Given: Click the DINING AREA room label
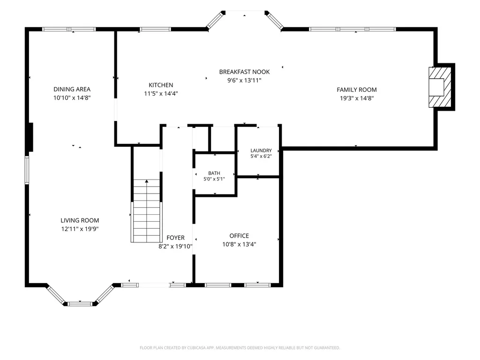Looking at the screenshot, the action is point(72,89).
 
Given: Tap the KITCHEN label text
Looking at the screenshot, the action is point(161,85).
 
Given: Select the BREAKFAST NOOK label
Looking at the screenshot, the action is point(244,72).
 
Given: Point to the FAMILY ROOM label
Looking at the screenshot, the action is point(357,90).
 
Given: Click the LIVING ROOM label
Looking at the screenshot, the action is point(80,220).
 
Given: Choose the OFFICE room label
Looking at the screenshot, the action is point(239,236).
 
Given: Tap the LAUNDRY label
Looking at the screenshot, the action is point(261,150).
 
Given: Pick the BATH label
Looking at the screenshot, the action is point(214,173).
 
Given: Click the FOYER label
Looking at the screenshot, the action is point(175,238).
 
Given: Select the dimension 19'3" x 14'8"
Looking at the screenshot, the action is point(357,98).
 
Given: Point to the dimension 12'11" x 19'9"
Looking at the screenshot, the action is point(80,229).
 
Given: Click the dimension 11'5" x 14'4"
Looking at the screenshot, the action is point(161,93).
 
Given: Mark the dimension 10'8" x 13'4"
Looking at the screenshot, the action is point(239,244).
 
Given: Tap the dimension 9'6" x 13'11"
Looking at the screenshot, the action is point(244,81).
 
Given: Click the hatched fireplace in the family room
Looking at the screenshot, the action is point(440,87).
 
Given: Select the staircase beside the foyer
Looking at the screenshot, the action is point(147,211).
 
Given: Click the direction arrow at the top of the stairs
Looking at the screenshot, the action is point(147,181).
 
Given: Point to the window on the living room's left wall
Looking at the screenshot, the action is point(27,170).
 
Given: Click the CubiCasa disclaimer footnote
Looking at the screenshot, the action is point(240,348).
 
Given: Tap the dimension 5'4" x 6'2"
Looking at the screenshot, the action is point(261,156).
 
